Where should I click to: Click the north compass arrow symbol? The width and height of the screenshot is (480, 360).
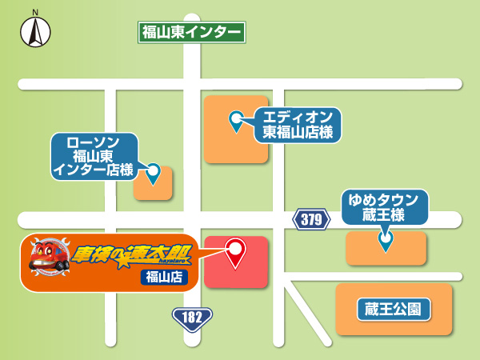tap(35, 33)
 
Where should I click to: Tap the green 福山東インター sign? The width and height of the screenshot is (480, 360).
tap(190, 32)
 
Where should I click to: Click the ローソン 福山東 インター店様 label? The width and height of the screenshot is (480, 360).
tap(94, 154)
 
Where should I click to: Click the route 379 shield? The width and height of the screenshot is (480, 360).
tap(311, 219)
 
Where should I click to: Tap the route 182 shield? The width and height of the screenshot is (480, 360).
tap(192, 318)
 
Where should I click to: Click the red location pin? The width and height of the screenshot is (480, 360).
tap(235, 253)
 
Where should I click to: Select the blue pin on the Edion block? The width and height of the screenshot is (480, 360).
tap(236, 121)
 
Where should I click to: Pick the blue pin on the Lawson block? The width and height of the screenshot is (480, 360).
tap(153, 172)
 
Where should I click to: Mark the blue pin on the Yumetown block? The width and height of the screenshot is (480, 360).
tap(386, 239)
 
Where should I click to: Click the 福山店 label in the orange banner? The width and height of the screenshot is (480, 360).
tap(163, 277)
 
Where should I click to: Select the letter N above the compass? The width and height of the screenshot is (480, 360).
tap(35, 12)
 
